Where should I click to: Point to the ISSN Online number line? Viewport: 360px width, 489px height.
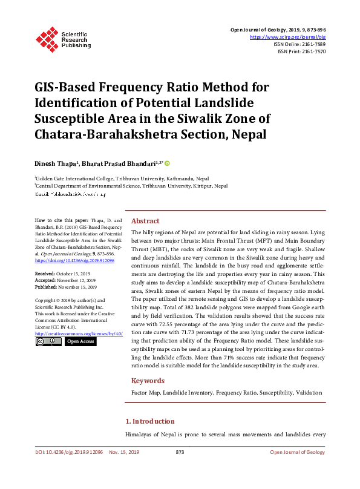point(299,44)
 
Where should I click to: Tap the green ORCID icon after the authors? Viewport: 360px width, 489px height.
point(167,163)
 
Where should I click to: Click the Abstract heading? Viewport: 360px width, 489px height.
point(145,222)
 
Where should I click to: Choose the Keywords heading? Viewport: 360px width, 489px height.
point(148,381)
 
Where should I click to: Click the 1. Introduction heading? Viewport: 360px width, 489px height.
point(149,421)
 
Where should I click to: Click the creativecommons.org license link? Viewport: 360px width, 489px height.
point(79,333)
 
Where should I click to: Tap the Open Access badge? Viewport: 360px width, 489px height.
point(80,342)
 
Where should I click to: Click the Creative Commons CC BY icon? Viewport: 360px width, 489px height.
point(48,342)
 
